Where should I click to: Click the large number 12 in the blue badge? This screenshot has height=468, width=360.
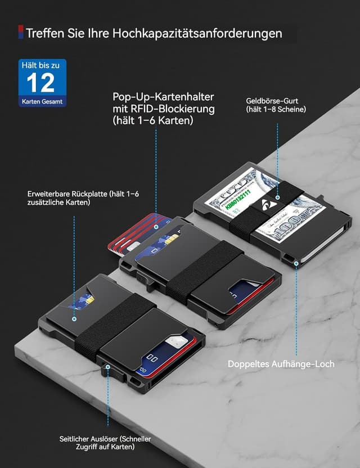[x=40, y=83]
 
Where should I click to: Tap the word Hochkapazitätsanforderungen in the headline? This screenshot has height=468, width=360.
[x=197, y=33]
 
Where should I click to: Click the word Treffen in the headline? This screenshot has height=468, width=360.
[x=42, y=33]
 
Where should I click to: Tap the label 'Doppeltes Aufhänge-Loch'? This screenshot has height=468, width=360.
[x=281, y=364]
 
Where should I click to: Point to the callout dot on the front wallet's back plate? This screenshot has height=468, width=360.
[x=74, y=318]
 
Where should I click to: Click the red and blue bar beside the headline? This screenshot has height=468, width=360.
[x=21, y=33]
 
